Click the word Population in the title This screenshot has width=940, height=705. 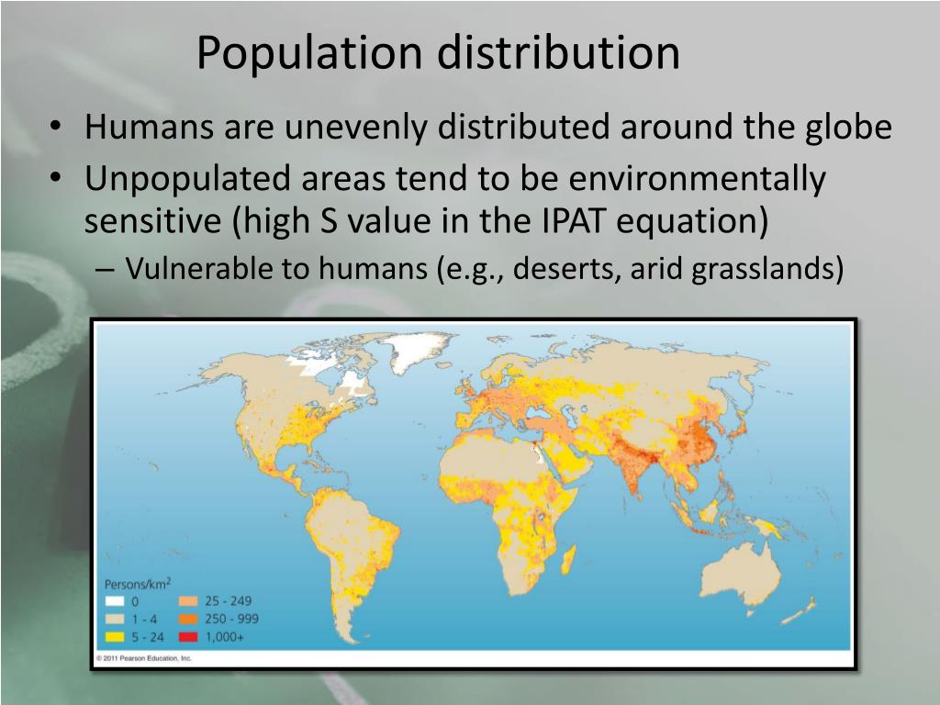pos(308,53)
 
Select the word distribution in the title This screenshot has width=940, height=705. pos(557,53)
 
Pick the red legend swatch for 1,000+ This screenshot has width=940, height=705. pos(189,636)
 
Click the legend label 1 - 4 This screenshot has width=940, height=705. pos(146,619)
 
